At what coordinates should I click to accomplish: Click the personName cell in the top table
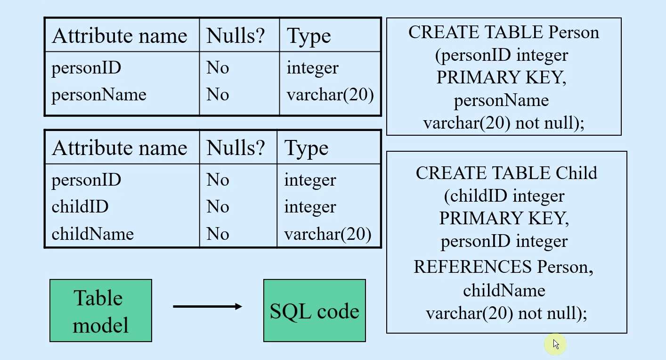click(x=99, y=95)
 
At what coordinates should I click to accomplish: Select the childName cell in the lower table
click(x=92, y=234)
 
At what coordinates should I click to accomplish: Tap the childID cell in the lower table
click(x=80, y=206)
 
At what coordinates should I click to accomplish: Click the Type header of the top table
click(x=309, y=36)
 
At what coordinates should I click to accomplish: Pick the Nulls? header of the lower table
click(x=236, y=148)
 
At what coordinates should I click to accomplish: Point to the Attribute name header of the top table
click(x=120, y=36)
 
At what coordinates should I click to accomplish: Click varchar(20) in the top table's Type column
click(x=330, y=95)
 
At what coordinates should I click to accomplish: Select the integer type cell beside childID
click(x=310, y=207)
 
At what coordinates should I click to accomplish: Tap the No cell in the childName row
click(x=218, y=234)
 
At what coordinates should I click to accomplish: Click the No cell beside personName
click(x=218, y=95)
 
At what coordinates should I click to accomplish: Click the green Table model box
click(x=101, y=311)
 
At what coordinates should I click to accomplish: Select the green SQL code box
click(x=315, y=311)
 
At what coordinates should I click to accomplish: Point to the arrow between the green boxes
click(x=208, y=306)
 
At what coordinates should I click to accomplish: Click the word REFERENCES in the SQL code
click(x=472, y=267)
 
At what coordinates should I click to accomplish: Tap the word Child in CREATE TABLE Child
click(x=576, y=173)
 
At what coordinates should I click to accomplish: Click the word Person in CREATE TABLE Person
click(x=574, y=32)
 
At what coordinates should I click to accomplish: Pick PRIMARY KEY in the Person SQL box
click(x=501, y=77)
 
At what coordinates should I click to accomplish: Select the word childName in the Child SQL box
click(x=504, y=290)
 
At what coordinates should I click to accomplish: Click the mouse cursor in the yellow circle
click(x=556, y=344)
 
